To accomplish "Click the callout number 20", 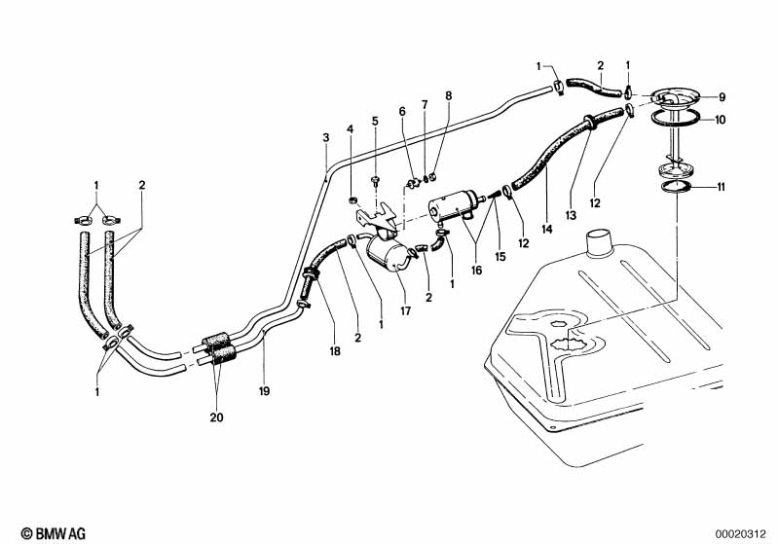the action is pos(216,417).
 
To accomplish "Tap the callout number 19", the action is pos(264,391).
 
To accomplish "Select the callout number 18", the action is pos(335,351).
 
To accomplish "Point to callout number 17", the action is pos(405,311).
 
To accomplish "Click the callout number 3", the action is pos(325,137).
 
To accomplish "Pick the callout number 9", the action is pos(722,97).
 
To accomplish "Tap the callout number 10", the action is pos(720,120).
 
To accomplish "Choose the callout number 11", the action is pos(721,187).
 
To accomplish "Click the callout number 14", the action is pos(547,229).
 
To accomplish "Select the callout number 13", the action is pos(571,215).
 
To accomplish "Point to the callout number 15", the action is pos(500,256).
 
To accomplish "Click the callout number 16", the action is pos(476,271).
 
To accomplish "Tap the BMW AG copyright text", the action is pos(54,533).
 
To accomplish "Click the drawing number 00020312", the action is pos(741,534).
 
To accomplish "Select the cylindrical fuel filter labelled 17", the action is pos(386,253).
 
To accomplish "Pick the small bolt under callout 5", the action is pos(375,181).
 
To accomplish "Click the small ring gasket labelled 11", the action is pos(677,187).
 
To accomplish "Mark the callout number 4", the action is pos(351,129).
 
